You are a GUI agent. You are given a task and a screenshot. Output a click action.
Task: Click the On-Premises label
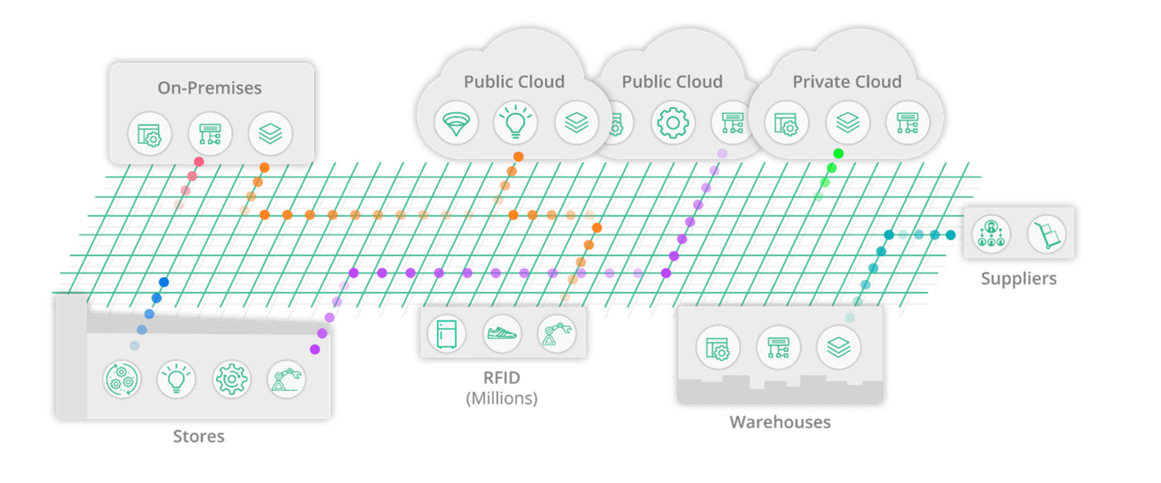coord(209,88)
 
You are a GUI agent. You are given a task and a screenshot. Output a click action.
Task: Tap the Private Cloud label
coord(846,82)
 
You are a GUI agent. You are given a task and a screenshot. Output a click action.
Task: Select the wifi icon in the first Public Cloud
coord(456,123)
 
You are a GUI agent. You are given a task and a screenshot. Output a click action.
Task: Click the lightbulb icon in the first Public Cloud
coord(515,122)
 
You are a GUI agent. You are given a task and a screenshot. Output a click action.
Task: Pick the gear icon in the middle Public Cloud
coord(672,122)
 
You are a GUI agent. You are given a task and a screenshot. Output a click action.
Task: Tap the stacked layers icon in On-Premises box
coord(270,134)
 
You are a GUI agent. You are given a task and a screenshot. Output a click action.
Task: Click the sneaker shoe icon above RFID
coord(502,333)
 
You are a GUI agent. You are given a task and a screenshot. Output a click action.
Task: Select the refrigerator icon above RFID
coord(447,333)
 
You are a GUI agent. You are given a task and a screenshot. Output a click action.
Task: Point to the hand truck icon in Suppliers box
coord(1046,234)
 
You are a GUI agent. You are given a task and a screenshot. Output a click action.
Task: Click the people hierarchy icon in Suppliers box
coord(990,233)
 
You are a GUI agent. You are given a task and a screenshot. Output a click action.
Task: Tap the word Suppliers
coord(1018,279)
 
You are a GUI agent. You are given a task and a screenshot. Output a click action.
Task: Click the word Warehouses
coord(779,422)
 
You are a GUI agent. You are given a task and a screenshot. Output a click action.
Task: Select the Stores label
coord(198,437)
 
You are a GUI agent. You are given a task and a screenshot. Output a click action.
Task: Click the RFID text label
coord(502,378)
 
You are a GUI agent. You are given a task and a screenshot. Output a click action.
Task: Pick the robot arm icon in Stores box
coord(286,379)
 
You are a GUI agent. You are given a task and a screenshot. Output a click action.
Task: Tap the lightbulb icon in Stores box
coord(176,379)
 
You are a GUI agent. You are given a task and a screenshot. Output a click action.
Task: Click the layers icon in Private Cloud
coord(847,122)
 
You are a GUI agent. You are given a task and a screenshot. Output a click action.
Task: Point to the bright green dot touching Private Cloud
coord(838,153)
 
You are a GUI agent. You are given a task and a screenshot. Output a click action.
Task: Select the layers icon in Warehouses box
coord(838,347)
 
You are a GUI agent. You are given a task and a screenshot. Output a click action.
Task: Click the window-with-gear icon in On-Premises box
coord(149,134)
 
